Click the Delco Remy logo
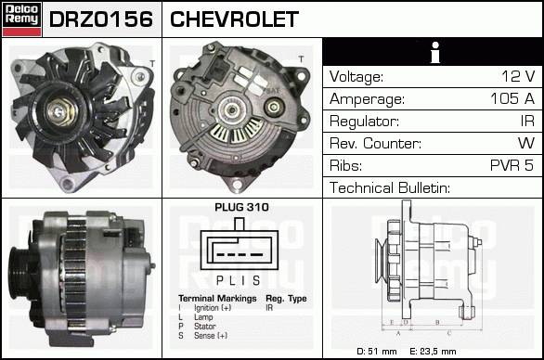tap(21, 19)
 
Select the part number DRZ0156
tap(101, 19)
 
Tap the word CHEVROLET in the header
tap(234, 19)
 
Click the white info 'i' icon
tap(435, 52)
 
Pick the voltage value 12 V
tap(518, 76)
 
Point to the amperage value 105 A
tap(512, 98)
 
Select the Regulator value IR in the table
tap(527, 121)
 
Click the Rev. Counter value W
tap(526, 143)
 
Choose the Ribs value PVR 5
tap(512, 165)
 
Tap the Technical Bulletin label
tap(390, 187)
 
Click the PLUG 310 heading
tap(241, 207)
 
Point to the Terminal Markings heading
tap(217, 298)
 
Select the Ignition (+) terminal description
tap(213, 308)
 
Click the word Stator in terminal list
tap(204, 327)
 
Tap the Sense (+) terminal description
tap(211, 336)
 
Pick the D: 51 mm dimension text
tap(376, 352)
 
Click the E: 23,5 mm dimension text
tap(433, 352)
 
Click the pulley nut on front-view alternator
tap(59, 111)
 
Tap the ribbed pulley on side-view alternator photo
tap(20, 273)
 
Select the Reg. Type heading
tap(286, 298)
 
